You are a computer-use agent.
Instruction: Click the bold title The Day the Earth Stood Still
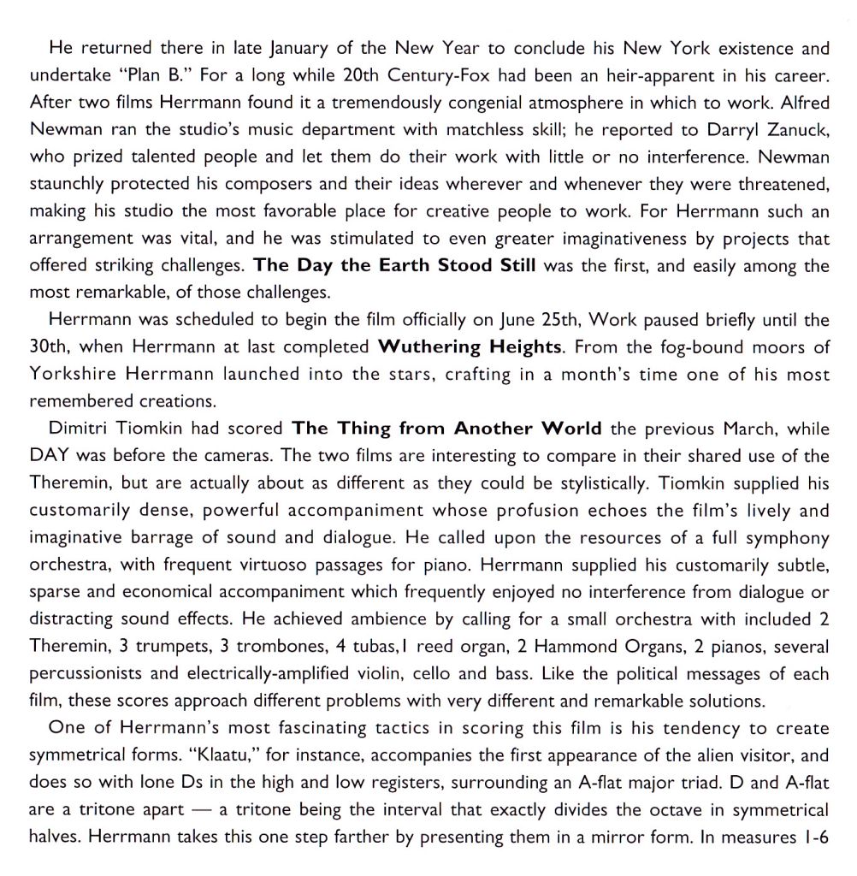point(395,266)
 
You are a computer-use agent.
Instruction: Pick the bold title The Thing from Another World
point(446,428)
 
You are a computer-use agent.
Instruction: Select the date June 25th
point(525,321)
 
